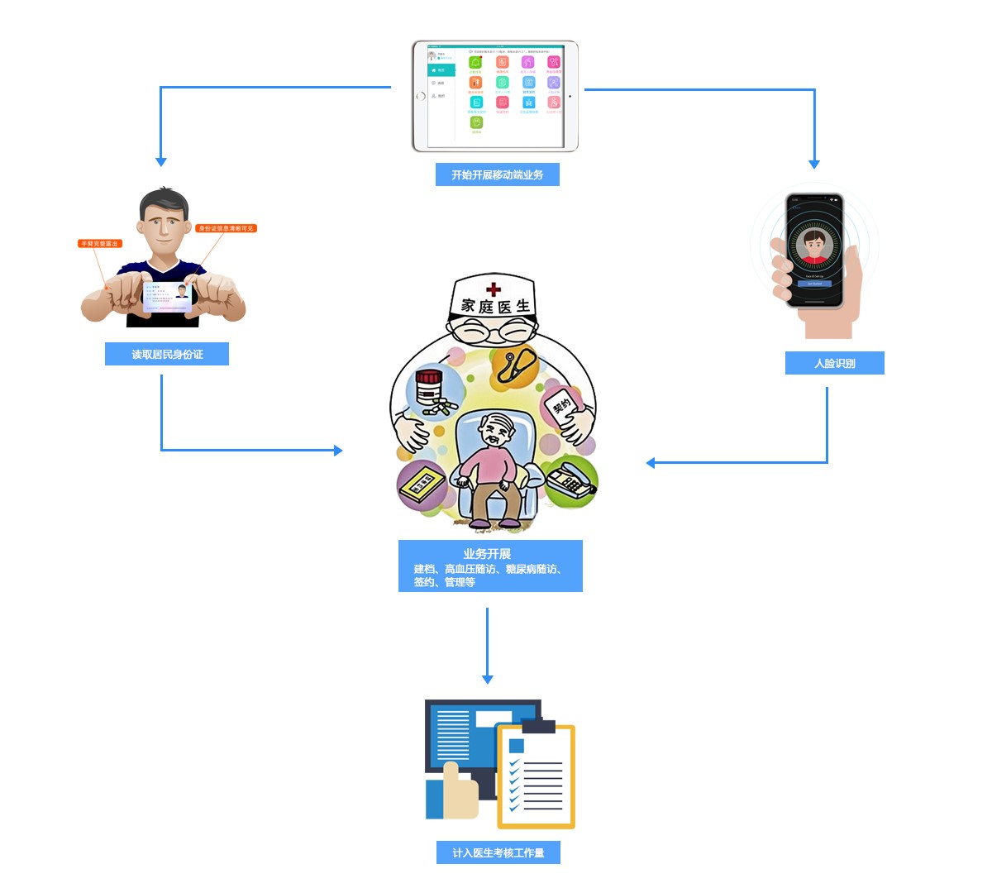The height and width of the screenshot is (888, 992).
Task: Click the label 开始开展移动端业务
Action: tap(497, 174)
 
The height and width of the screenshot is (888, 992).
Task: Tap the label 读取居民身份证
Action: tap(167, 354)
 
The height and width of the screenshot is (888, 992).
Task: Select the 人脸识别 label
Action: tap(834, 363)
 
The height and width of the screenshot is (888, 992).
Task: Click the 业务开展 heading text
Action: tap(487, 553)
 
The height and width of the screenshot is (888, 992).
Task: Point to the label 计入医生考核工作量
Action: tap(498, 852)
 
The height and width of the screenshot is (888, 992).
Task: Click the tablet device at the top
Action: tap(495, 96)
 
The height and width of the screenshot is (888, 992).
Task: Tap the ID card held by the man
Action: tap(168, 296)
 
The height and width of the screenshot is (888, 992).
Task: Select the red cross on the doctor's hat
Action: tap(494, 289)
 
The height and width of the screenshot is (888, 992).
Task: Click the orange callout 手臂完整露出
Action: tap(100, 243)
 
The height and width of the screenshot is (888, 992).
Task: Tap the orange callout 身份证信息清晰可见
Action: tap(226, 228)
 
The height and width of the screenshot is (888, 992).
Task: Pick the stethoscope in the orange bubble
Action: tap(514, 365)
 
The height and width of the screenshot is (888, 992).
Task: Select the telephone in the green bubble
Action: tap(570, 480)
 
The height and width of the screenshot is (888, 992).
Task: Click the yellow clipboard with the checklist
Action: tap(536, 777)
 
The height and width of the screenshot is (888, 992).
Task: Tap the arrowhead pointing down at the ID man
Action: tap(161, 162)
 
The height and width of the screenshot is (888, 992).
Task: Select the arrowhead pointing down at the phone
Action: tap(814, 164)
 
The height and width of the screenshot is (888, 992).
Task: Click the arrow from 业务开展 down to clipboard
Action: tap(487, 645)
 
